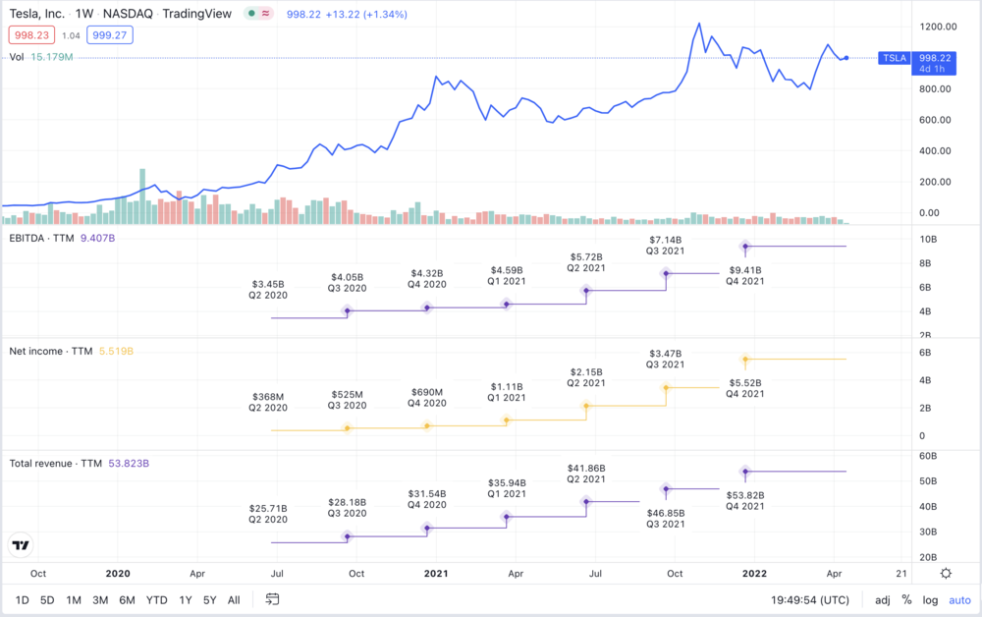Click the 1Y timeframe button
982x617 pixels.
186,599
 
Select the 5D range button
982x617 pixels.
47,599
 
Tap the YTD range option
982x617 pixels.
156,599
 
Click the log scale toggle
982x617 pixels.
929,599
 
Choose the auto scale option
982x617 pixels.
958,599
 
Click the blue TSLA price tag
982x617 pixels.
895,58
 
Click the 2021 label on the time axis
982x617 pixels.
435,573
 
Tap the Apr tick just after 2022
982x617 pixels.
834,573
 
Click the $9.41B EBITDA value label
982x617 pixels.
745,269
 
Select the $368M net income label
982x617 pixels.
266,397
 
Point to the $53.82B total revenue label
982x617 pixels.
745,495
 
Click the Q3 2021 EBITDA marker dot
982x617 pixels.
666,274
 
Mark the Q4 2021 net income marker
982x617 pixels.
745,360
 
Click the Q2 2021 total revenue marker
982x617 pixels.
586,501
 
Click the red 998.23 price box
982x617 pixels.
30,35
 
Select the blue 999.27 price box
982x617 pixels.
110,35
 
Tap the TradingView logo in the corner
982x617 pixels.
22,544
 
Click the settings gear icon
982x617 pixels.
946,573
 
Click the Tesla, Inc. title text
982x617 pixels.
36,15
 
